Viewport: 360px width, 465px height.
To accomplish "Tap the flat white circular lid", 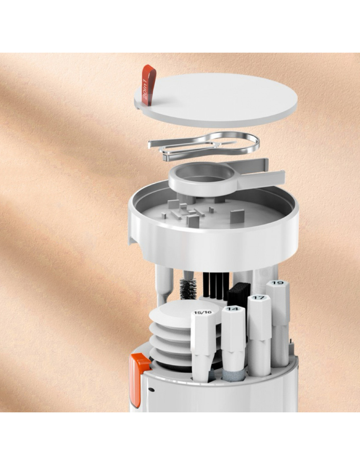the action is click(216, 100).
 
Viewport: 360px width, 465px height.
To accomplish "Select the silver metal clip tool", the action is click(204, 146).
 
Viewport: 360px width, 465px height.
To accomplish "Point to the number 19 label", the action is click(278, 283).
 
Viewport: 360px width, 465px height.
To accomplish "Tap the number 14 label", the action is click(233, 309).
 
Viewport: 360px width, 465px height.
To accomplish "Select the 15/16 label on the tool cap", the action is click(203, 313).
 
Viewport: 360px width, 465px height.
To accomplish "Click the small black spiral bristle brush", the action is click(188, 289).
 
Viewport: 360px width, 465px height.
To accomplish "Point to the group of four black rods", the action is click(216, 286).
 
